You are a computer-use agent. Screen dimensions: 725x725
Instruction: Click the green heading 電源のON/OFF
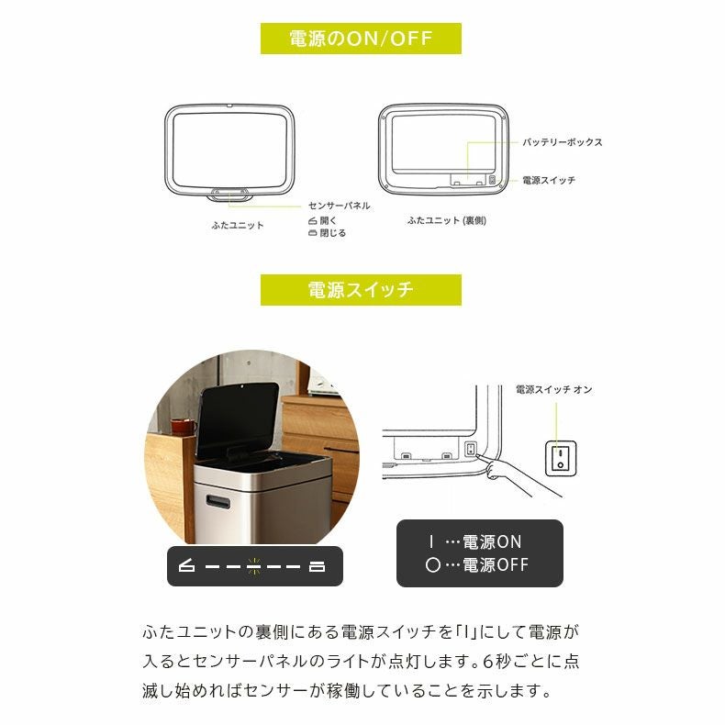pyautogui.click(x=361, y=39)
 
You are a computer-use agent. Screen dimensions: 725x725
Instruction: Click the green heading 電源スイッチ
pyautogui.click(x=361, y=290)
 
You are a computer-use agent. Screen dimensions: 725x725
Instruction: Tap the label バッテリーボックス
pyautogui.click(x=563, y=142)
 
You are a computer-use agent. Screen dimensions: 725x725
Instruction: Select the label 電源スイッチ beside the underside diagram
pyautogui.click(x=549, y=181)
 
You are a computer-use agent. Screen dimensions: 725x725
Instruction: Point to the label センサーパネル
pyautogui.click(x=339, y=206)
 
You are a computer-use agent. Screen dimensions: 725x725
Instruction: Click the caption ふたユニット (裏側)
pyautogui.click(x=446, y=221)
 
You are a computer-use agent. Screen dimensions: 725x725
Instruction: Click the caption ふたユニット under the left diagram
pyautogui.click(x=237, y=225)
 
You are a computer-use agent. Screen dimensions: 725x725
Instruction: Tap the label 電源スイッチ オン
pyautogui.click(x=553, y=390)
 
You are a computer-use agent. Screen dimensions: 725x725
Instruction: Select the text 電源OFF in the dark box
pyautogui.click(x=495, y=565)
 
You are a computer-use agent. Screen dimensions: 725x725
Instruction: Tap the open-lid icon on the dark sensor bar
pyautogui.click(x=187, y=566)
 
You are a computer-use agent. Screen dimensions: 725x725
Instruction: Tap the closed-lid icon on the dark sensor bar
pyautogui.click(x=318, y=566)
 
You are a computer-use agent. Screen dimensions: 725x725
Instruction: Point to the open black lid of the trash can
pyautogui.click(x=238, y=418)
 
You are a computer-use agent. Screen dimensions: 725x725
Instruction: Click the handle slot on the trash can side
pyautogui.click(x=218, y=501)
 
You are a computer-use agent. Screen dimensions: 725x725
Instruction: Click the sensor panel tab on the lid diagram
pyautogui.click(x=229, y=194)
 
